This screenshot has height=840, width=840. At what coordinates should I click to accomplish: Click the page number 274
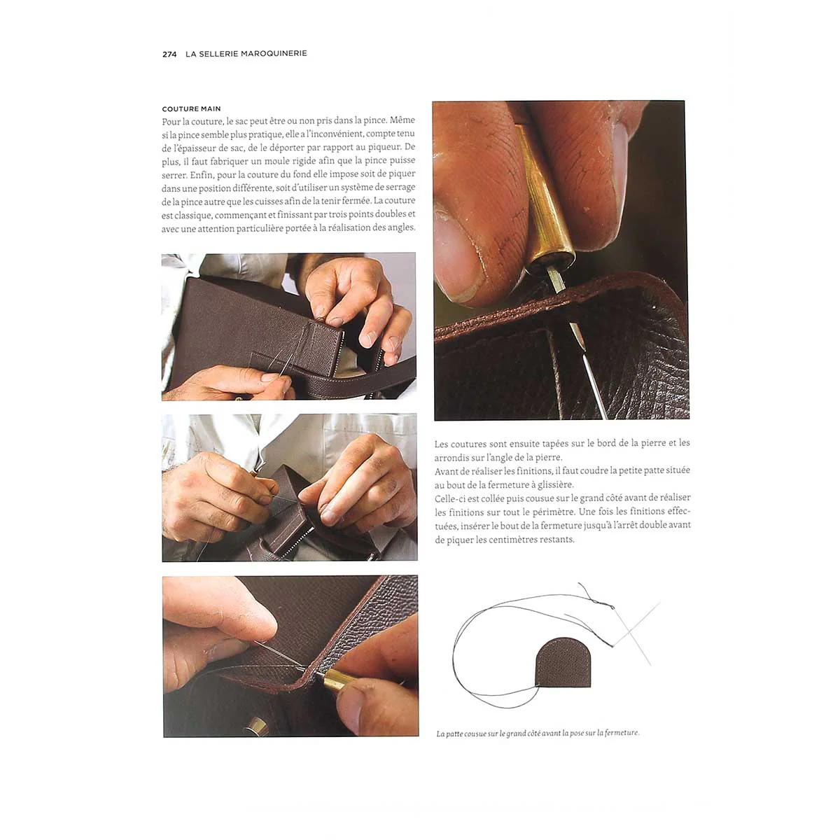tap(169, 55)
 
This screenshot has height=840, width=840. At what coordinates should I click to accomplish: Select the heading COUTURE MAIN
tap(191, 108)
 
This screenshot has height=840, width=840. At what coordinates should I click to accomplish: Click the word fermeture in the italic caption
tap(622, 733)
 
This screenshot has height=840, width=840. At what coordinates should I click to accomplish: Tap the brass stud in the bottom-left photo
tap(256, 727)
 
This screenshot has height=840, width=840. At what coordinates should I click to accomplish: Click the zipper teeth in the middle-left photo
tap(295, 540)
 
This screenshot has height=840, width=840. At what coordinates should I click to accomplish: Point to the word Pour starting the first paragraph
tap(169, 120)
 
